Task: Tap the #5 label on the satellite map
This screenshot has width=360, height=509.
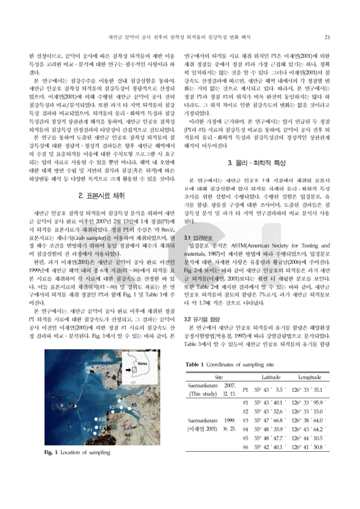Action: point(134,405)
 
